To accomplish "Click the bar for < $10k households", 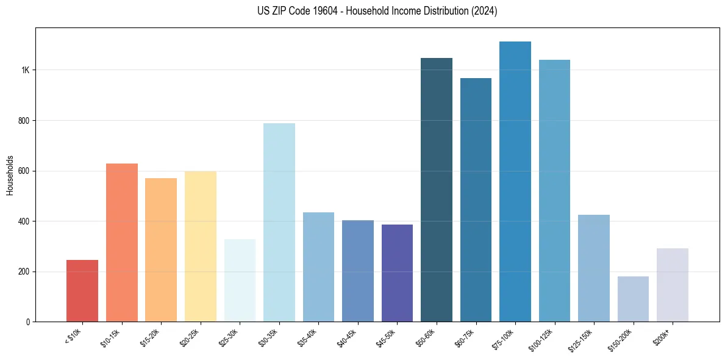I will pos(82,291).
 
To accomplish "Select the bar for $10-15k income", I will pos(122,243).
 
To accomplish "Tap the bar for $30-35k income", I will pos(279,223).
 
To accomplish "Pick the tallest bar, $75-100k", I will pos(515,182).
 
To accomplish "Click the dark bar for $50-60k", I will pos(437,190).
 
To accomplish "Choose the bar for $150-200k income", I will pos(633,299).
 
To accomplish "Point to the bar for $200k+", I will pos(673,285).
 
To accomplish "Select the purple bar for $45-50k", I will pos(397,273).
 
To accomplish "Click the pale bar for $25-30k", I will pos(240,281).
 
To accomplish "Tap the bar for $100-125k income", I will pos(554,191).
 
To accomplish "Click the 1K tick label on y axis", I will pos(25,70).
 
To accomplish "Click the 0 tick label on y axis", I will pos(27,322).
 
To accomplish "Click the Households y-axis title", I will pos(10,175).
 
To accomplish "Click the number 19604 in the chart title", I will pos(320,11).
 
